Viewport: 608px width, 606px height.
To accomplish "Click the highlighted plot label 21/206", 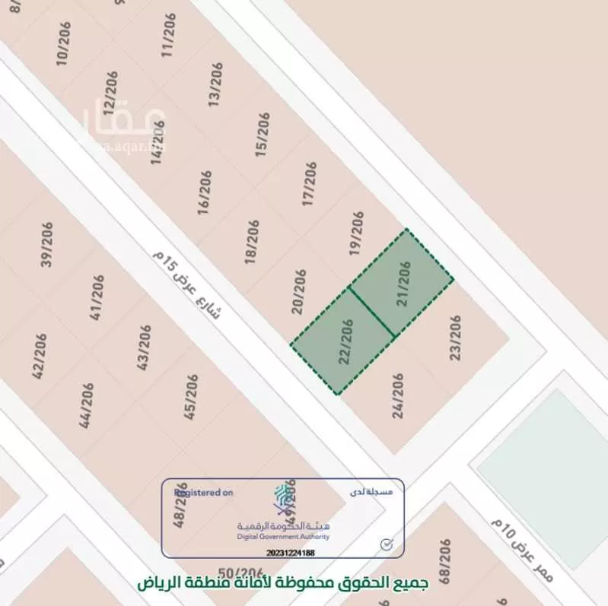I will (404, 284).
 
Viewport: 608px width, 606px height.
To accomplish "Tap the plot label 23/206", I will (456, 338).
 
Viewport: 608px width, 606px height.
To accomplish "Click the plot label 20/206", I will (299, 291).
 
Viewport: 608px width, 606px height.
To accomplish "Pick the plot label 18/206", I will (253, 242).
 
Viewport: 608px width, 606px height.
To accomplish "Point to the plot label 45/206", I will (190, 396).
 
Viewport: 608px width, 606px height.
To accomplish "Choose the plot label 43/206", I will (145, 347).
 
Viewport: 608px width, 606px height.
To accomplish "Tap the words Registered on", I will (203, 493).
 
